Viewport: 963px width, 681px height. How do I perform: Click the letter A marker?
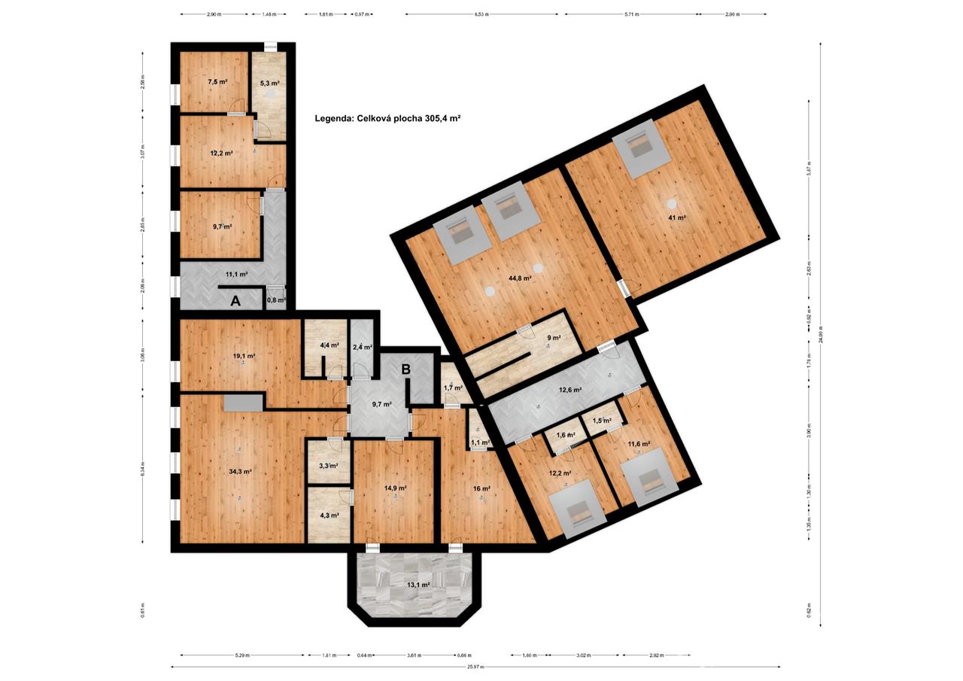click(x=235, y=301)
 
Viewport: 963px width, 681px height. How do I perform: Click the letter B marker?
click(x=406, y=369)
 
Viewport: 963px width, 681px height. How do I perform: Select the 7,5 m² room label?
click(x=217, y=81)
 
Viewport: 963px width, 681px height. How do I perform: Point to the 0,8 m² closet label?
click(x=276, y=300)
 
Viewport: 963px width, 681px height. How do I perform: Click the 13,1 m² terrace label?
click(x=418, y=585)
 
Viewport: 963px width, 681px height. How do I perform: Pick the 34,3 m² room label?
click(x=238, y=472)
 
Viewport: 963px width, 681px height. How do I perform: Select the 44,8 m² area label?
click(x=520, y=278)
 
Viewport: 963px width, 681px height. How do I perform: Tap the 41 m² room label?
click(x=676, y=217)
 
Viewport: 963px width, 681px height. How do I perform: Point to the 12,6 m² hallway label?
click(x=570, y=390)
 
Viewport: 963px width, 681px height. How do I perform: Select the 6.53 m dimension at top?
click(x=481, y=14)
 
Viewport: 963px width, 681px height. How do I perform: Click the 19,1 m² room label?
click(x=242, y=356)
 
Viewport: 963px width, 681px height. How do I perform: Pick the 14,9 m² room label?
click(x=395, y=488)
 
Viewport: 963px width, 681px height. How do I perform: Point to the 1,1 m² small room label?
click(x=475, y=442)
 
